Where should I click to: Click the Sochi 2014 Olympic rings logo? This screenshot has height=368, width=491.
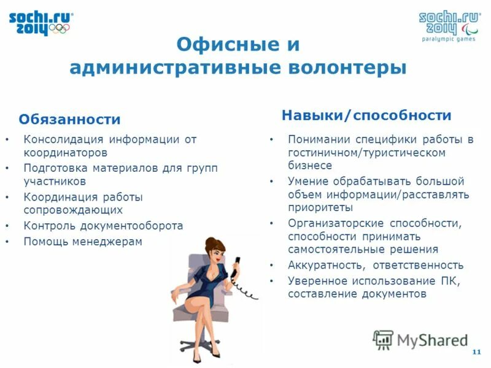click(41, 23)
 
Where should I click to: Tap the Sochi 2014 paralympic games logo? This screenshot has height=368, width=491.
click(449, 24)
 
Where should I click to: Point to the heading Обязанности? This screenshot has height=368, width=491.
click(69, 119)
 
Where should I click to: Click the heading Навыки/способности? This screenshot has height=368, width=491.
click(366, 115)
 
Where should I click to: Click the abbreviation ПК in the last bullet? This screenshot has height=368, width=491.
click(449, 281)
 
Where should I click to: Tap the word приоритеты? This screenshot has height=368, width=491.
click(317, 207)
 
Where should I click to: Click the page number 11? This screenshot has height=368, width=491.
click(476, 351)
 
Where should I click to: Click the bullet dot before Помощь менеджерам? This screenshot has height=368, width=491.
click(7, 242)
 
